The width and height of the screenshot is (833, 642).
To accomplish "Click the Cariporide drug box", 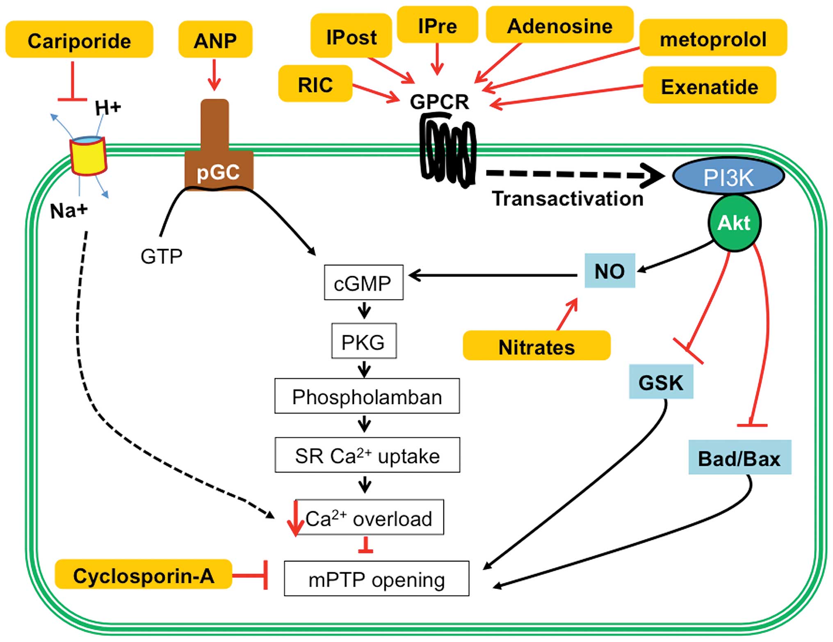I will pyautogui.click(x=79, y=40).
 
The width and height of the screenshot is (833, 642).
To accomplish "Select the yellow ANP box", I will pyautogui.click(x=215, y=40).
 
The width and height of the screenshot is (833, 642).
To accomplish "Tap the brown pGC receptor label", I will pyautogui.click(x=218, y=172).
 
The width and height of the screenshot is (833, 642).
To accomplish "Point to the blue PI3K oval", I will pyautogui.click(x=728, y=177).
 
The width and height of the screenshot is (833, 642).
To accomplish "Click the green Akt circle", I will pyautogui.click(x=734, y=223).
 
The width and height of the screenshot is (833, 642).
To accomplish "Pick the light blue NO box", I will pyautogui.click(x=609, y=271).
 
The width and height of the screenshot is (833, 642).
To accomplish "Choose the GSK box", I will pyautogui.click(x=661, y=382).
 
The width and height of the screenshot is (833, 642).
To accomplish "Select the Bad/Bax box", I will pyautogui.click(x=739, y=458).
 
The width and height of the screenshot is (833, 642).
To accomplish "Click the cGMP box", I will pyautogui.click(x=363, y=283).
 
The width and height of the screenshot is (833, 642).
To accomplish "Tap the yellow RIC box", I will pyautogui.click(x=315, y=84).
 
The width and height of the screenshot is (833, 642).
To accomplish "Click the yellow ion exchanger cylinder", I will pyautogui.click(x=88, y=156).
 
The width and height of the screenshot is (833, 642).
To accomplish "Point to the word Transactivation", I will pyautogui.click(x=568, y=199).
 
